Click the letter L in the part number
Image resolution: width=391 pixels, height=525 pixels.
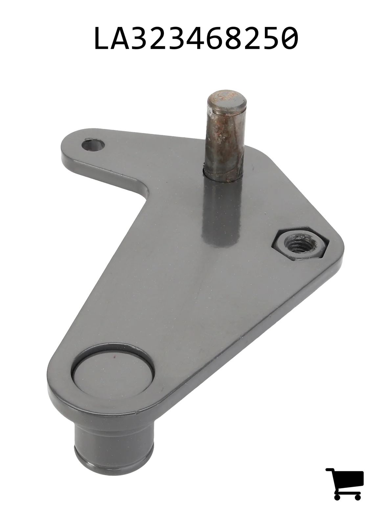(x=103, y=38)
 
